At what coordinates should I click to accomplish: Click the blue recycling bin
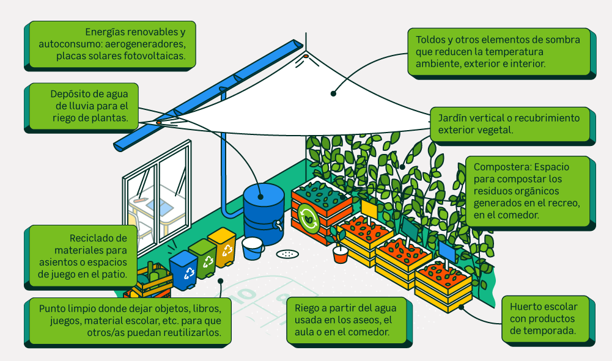point(183,269)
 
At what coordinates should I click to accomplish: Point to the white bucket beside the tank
point(253,248)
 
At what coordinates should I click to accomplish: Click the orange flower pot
point(341,254)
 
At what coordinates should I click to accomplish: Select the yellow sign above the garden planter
point(369,209)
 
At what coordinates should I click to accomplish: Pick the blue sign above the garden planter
point(447,251)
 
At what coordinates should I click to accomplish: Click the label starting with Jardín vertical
point(507,123)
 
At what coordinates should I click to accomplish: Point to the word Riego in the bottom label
point(307,308)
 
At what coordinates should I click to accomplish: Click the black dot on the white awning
point(333,93)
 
